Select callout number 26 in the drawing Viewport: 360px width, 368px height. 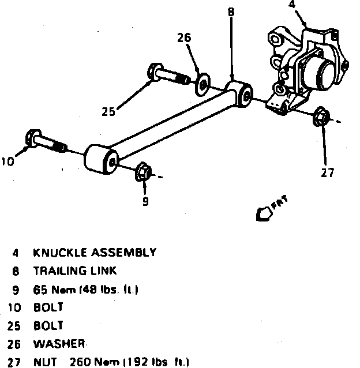183,39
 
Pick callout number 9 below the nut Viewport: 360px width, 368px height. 145,201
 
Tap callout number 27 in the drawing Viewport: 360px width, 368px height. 327,172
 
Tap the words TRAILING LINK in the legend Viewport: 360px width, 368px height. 75,271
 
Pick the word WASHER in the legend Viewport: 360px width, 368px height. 59,344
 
